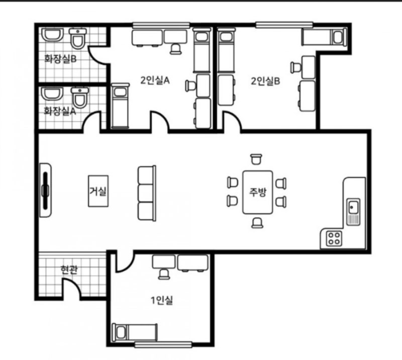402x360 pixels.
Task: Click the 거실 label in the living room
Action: click(97, 191)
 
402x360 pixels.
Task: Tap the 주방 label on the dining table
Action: click(258, 192)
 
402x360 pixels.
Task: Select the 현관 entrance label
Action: click(69, 270)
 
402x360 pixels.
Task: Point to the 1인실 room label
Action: click(162, 300)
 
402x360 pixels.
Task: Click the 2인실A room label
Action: click(155, 80)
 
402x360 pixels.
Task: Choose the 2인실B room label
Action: click(265, 81)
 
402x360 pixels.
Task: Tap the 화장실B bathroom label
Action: click(60, 59)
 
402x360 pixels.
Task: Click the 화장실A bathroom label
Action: click(60, 111)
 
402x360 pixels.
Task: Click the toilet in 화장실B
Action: click(78, 39)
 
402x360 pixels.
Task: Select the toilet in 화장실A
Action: click(80, 98)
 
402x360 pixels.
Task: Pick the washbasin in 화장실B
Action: click(53, 35)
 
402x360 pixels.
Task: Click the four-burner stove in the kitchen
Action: click(334, 238)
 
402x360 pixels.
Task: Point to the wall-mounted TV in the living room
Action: click(46, 191)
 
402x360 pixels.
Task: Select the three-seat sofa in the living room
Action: click(147, 193)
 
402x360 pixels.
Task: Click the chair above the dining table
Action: click(256, 159)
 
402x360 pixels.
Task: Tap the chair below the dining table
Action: click(257, 223)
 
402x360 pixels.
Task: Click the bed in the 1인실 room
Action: click(135, 332)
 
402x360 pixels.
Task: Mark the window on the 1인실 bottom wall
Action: click(163, 344)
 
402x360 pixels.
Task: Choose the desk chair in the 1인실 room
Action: click(164, 274)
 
